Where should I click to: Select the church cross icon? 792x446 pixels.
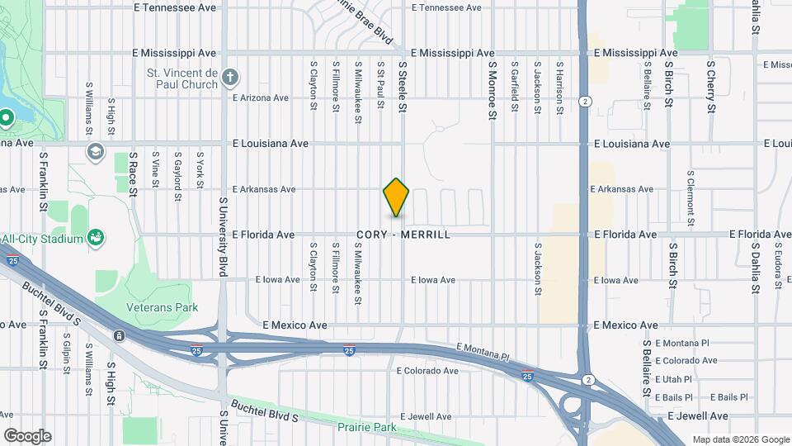point(230,78)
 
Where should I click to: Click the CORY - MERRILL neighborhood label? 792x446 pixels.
point(404,235)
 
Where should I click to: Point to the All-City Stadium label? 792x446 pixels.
point(43,239)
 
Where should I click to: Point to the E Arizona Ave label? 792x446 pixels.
point(261,97)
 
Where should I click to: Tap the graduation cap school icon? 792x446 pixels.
point(97,150)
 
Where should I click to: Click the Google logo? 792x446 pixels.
point(27,435)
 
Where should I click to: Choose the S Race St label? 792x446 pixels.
point(133,175)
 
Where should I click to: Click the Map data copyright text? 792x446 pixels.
point(740,439)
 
